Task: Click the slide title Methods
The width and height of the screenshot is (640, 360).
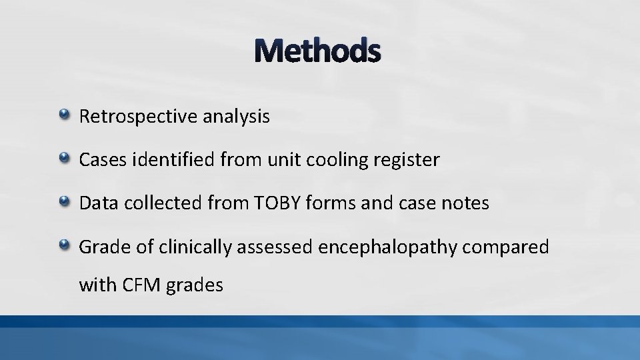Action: click(317, 51)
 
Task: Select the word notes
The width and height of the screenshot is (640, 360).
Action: click(465, 204)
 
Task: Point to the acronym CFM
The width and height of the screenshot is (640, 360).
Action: click(138, 286)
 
